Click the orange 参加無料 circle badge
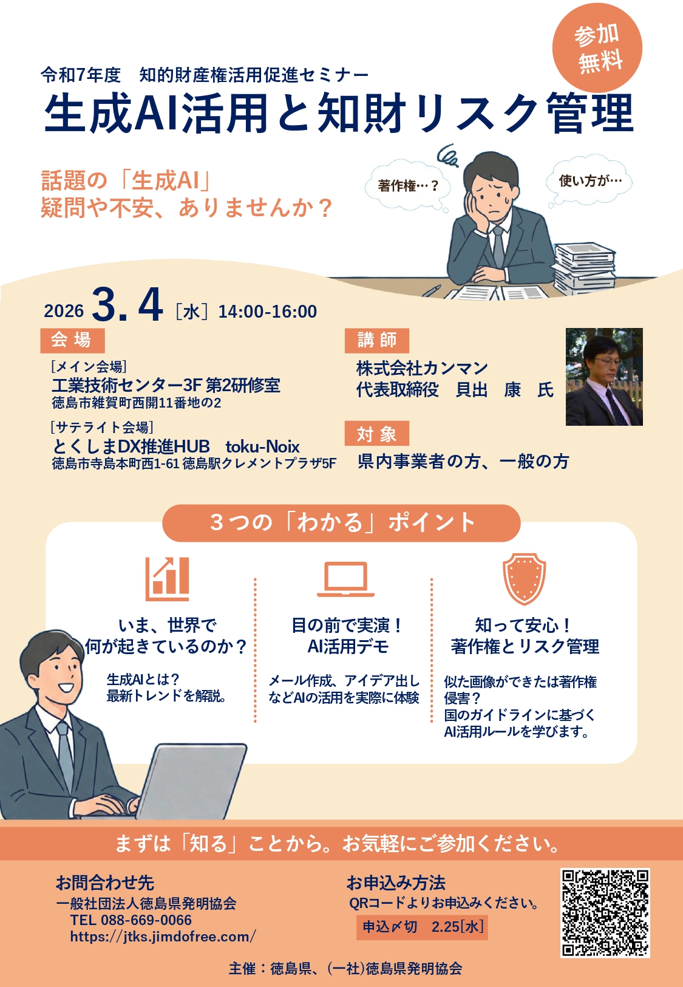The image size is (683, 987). [x=597, y=47]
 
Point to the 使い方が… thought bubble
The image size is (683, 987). [x=590, y=180]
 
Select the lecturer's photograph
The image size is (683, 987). [x=604, y=377]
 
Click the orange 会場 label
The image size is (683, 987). [x=72, y=340]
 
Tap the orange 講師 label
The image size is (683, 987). [x=376, y=340]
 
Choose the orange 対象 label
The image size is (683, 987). [x=376, y=433]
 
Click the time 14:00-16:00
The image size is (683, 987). [x=268, y=312]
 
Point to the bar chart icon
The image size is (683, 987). [x=168, y=579]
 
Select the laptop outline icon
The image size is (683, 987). [x=345, y=579]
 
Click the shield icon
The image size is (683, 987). [x=524, y=579]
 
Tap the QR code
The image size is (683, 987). [x=605, y=913]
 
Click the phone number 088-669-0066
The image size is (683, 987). [x=146, y=920]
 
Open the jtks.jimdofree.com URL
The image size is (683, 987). [x=163, y=937]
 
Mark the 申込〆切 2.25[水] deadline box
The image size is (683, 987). [x=422, y=927]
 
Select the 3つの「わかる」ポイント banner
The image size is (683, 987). [x=341, y=523]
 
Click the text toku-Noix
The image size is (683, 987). [x=262, y=447]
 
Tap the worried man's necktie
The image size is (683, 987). [x=498, y=247]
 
